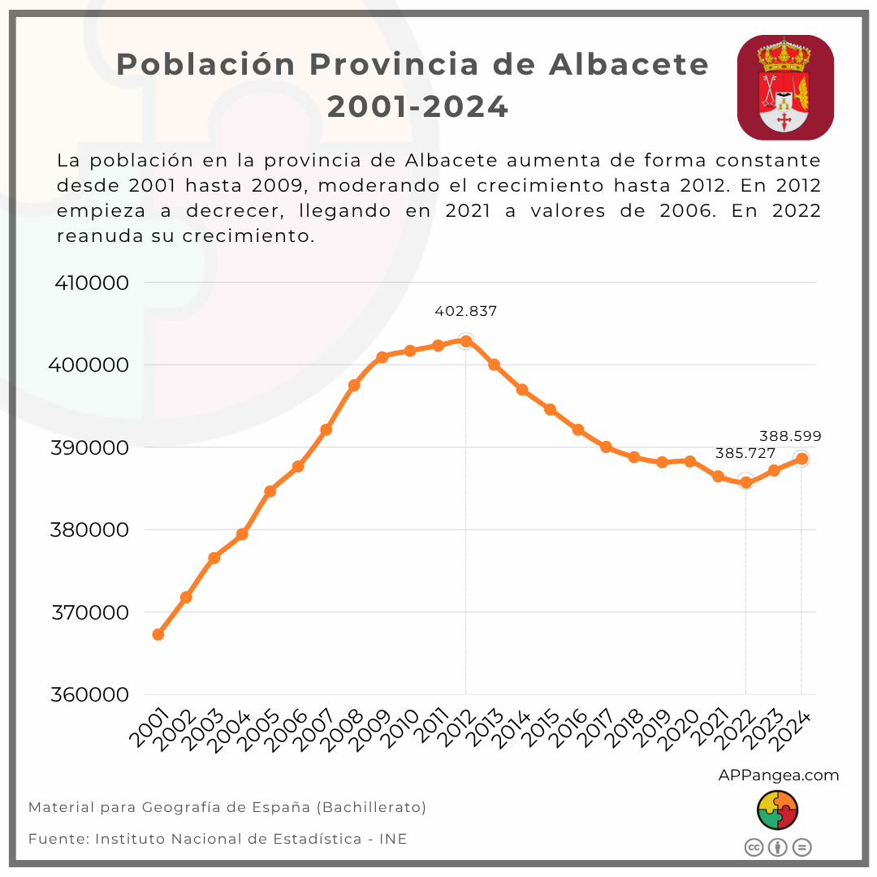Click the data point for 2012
[x=465, y=341]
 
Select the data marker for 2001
[x=158, y=634]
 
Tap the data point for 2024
[x=801, y=459]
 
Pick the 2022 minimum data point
[x=745, y=482]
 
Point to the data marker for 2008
[x=354, y=385]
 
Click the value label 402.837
[x=465, y=311]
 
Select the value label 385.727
[x=745, y=454]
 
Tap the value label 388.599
[x=789, y=436]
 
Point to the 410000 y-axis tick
[x=92, y=283]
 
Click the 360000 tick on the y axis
[x=92, y=695]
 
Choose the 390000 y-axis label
[x=92, y=448]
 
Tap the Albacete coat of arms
[x=785, y=87]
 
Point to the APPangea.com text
[x=778, y=775]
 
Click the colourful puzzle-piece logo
[x=777, y=810]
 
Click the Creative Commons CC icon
[x=754, y=848]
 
